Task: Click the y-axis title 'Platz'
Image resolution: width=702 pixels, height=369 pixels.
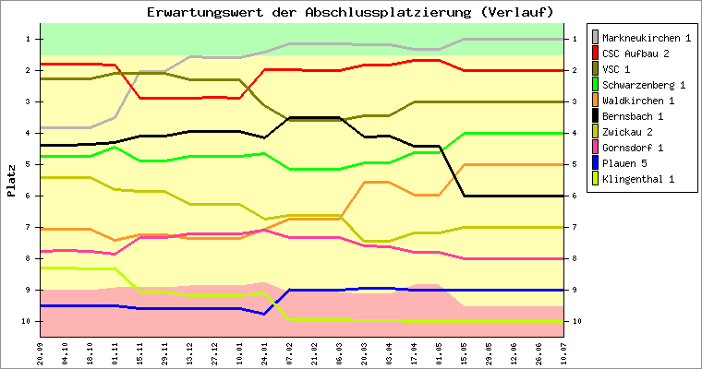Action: [11, 181]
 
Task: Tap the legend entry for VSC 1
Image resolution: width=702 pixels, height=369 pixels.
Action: [617, 69]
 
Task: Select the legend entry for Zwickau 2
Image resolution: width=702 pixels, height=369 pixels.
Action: [628, 132]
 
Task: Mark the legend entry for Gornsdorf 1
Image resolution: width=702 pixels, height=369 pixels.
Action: [634, 148]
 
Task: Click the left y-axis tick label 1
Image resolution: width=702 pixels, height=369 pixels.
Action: [30, 39]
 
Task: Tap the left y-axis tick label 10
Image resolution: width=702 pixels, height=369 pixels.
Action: [29, 321]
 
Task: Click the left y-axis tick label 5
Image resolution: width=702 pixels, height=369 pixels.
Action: [30, 164]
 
